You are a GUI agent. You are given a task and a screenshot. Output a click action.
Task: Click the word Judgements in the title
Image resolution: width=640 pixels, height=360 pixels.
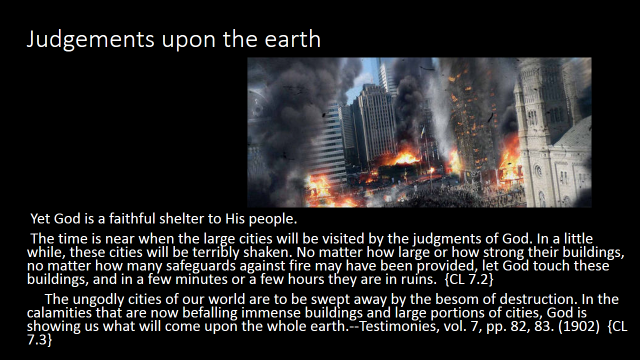point(91,40)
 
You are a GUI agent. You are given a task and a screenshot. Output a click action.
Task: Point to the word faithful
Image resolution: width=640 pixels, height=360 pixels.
point(132,219)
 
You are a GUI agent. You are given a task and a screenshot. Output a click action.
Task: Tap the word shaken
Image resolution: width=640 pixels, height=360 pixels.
point(267,252)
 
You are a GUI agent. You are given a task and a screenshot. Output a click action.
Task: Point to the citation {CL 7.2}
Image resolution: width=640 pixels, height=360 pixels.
point(469,280)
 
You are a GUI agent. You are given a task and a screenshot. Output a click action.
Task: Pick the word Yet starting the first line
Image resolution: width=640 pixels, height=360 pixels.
point(40,219)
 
